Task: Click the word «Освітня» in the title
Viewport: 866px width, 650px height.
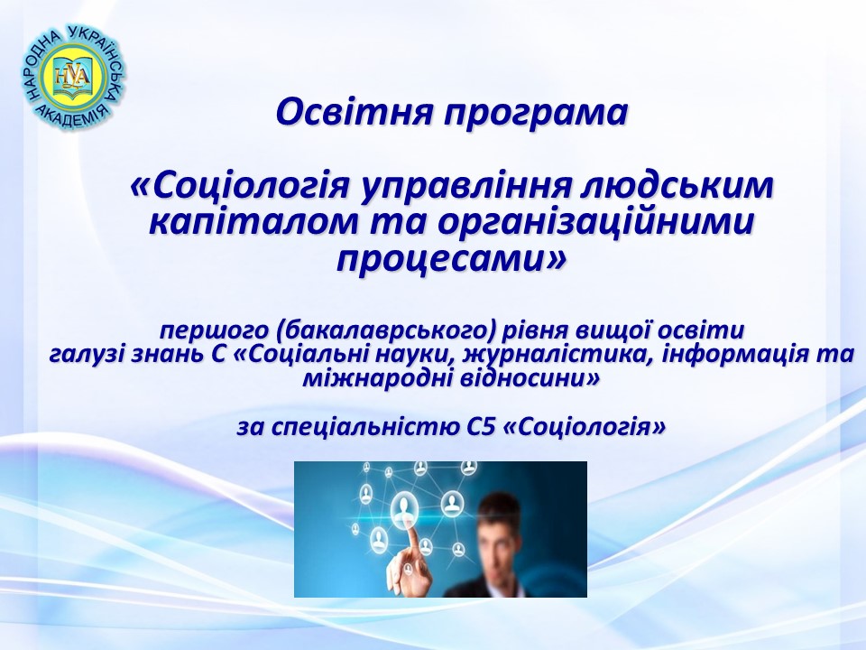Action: (353, 112)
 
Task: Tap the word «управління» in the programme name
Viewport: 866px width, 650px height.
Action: (464, 188)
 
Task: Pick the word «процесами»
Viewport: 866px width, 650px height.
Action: (439, 260)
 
